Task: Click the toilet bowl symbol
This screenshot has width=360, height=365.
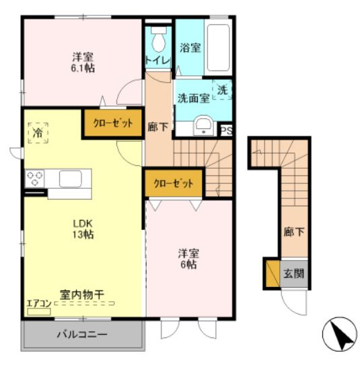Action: (158, 42)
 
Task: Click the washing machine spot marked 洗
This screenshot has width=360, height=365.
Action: (221, 89)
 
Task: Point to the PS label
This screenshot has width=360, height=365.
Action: (227, 131)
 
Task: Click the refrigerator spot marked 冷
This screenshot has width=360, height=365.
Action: (38, 132)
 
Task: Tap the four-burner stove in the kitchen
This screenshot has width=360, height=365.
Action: (35, 179)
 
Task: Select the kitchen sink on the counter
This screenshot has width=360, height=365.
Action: (70, 179)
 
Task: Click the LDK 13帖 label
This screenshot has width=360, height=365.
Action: (83, 229)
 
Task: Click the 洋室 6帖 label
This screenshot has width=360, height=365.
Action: (188, 258)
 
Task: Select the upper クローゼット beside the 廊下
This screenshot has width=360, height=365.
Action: (112, 124)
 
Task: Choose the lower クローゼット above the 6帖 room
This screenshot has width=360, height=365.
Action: (174, 183)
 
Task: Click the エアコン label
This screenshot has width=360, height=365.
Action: (38, 303)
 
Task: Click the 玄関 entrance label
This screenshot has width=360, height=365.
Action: (293, 274)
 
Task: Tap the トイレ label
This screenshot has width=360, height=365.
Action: (158, 60)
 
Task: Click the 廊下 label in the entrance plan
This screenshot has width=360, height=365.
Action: (293, 232)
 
